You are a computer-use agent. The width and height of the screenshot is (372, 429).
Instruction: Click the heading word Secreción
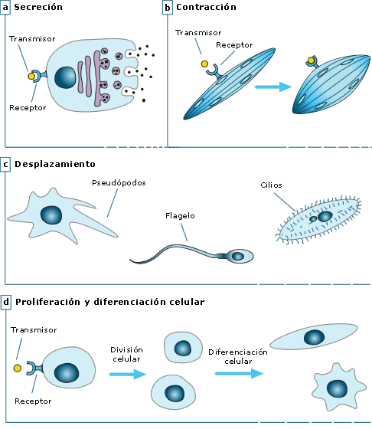click(38, 7)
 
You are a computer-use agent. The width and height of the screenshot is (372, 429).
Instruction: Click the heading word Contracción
click(206, 7)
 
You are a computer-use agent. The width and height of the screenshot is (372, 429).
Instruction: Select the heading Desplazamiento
click(55, 164)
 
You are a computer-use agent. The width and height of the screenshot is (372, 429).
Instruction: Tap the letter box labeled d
click(5, 302)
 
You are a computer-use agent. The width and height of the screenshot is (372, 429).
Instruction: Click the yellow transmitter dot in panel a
click(31, 76)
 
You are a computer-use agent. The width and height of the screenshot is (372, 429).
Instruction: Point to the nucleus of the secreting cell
click(65, 77)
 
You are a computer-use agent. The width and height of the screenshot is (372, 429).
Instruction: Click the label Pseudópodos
click(119, 183)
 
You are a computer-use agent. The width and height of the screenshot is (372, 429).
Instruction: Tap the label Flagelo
click(180, 216)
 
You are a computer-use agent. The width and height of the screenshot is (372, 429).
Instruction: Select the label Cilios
click(271, 185)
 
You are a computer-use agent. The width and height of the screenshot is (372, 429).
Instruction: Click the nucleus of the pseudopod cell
click(51, 215)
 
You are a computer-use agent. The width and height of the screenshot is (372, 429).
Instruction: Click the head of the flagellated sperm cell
click(240, 256)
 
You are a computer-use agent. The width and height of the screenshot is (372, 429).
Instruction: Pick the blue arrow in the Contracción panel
click(272, 87)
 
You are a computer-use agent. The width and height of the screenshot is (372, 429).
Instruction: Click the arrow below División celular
click(128, 374)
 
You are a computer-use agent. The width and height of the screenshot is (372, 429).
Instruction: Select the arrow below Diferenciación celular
click(239, 374)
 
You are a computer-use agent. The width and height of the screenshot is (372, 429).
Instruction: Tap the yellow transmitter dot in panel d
click(18, 368)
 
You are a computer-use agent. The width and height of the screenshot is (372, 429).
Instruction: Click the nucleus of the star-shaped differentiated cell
click(338, 389)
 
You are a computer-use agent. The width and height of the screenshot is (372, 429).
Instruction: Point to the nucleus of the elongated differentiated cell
click(315, 337)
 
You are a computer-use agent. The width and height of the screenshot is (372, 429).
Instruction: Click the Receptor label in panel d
click(33, 401)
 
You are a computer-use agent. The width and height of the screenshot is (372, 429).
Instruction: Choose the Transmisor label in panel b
click(198, 33)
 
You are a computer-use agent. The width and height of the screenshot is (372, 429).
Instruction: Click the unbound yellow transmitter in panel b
click(204, 64)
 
